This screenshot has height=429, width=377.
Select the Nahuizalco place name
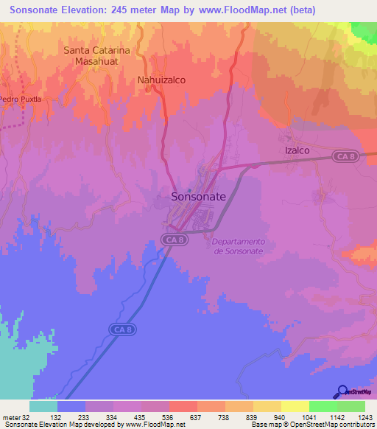(x=161, y=79)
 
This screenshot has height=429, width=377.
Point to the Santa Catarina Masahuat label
(x=96, y=56)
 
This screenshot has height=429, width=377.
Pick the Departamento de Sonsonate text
(x=238, y=246)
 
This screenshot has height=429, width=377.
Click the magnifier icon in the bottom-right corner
(x=342, y=391)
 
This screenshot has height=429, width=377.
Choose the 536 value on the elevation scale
(x=155, y=416)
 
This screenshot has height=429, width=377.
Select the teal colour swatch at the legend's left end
(x=43, y=406)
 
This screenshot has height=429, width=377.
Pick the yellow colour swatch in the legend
(x=295, y=406)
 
